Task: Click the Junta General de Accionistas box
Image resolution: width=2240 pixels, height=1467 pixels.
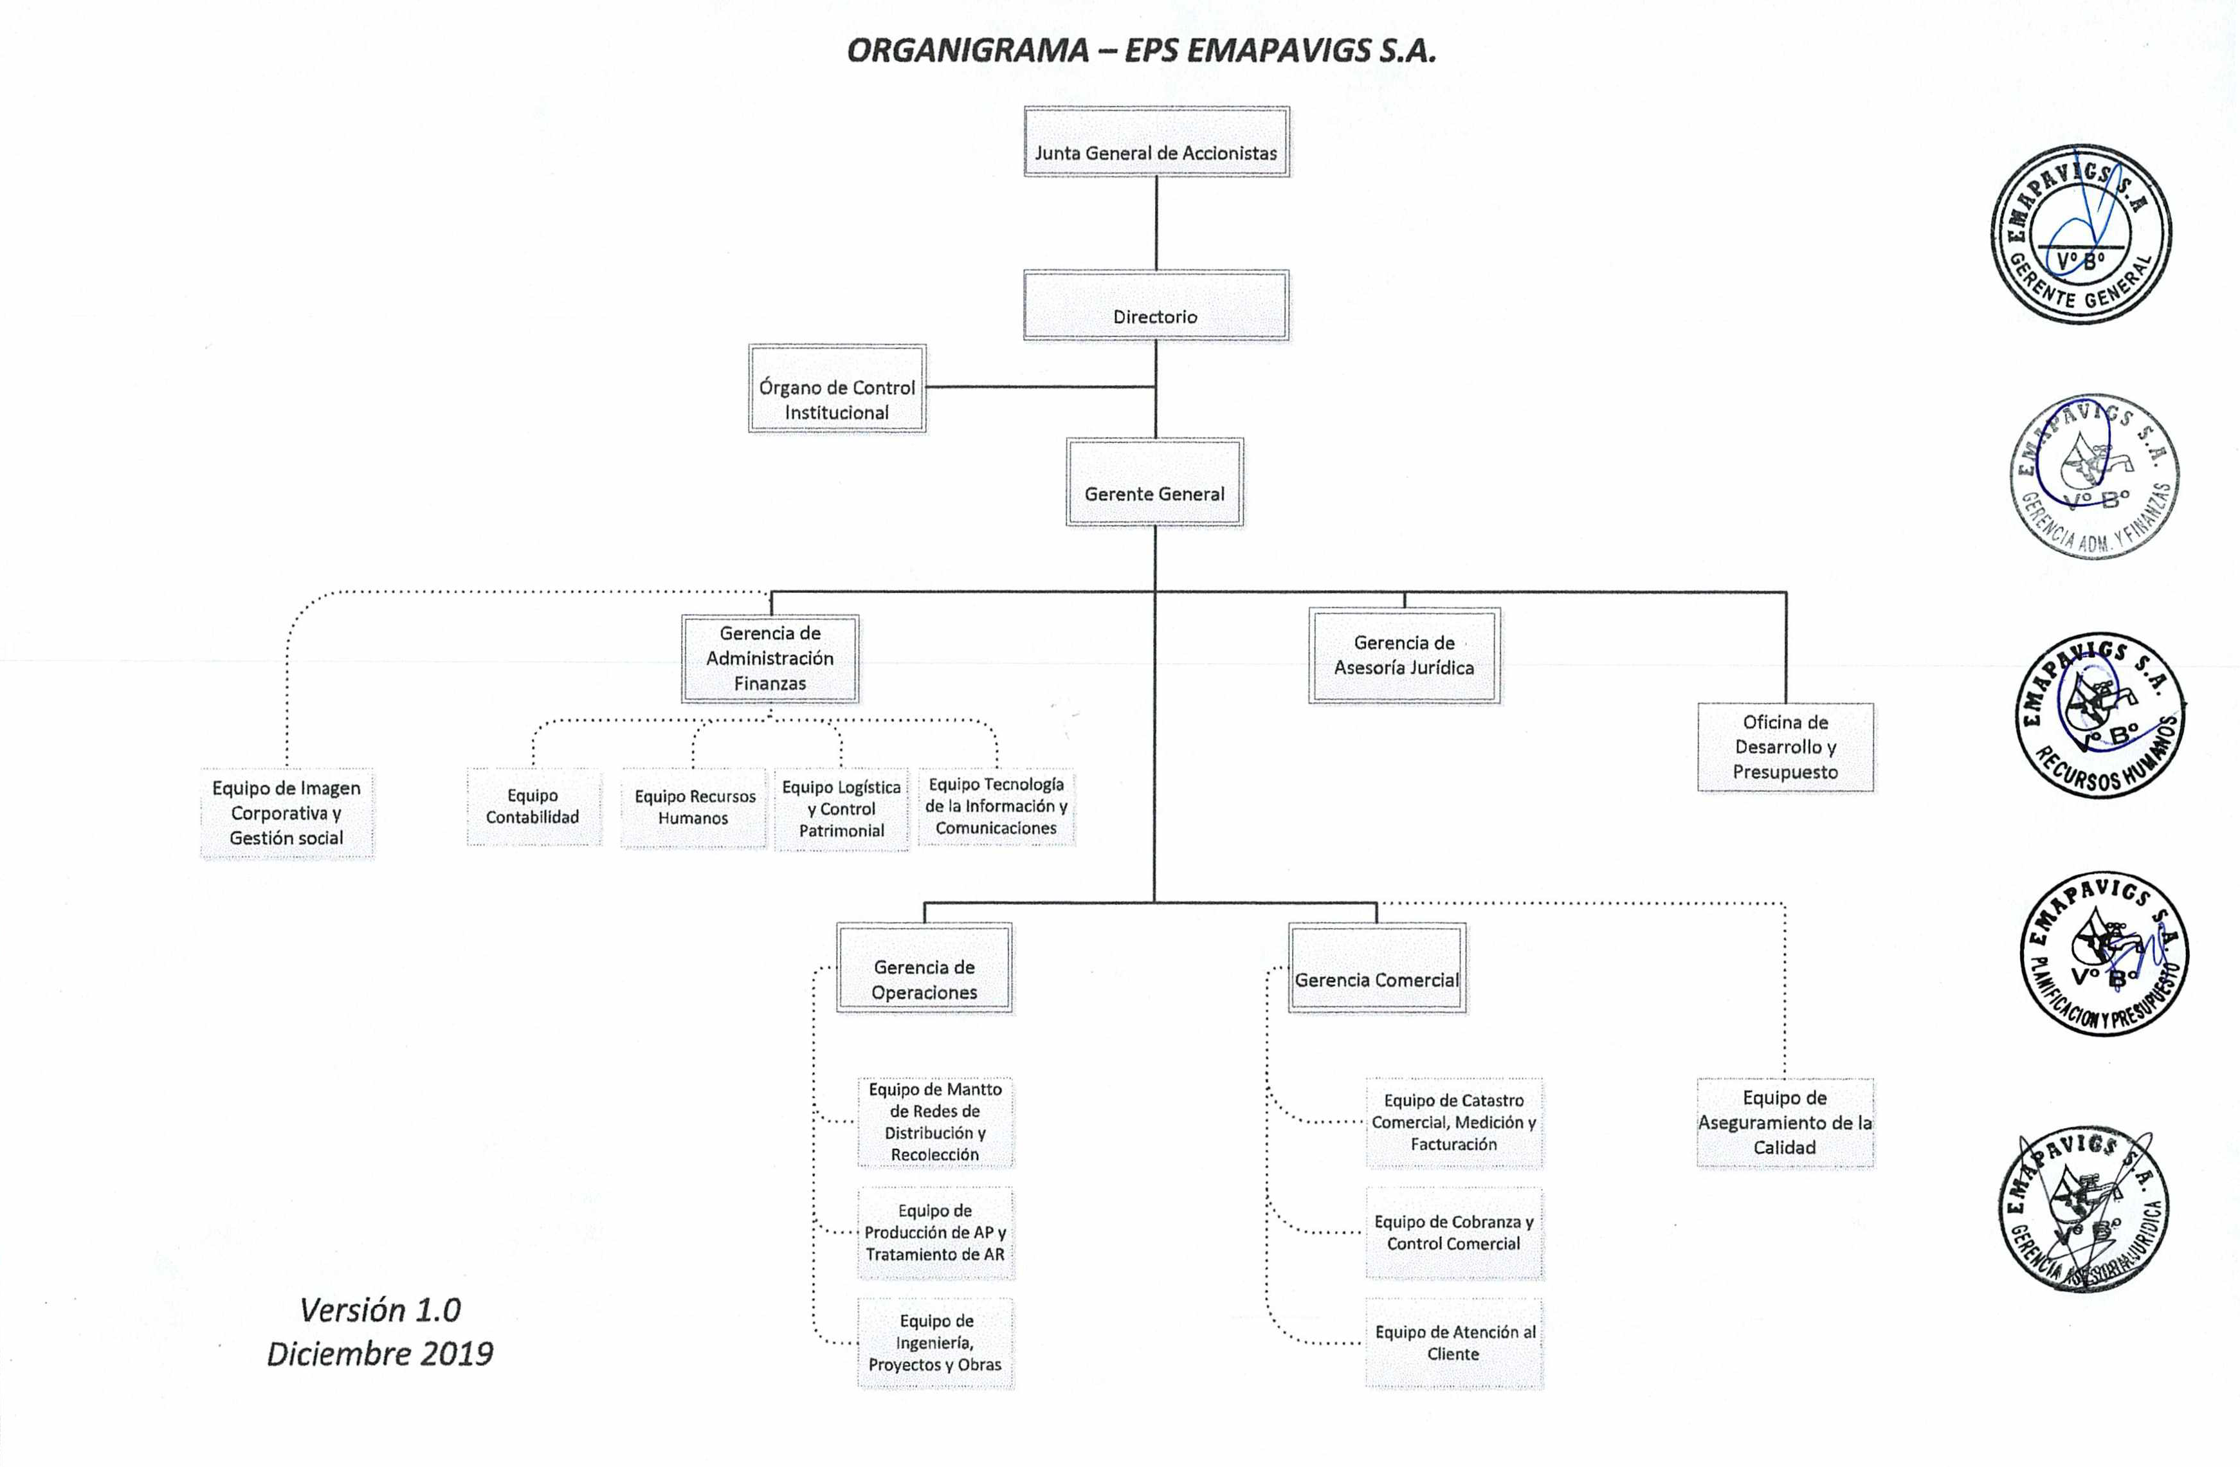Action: [x=1156, y=142]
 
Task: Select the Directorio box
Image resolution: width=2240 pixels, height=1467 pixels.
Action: [x=1156, y=306]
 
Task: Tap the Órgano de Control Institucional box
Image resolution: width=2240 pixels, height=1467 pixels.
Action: [x=837, y=388]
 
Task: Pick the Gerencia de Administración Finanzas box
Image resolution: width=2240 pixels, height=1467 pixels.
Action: [x=770, y=659]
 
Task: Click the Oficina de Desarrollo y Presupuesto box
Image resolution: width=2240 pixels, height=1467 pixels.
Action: [x=1785, y=747]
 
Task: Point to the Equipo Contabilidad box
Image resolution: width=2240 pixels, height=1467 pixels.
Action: [x=533, y=806]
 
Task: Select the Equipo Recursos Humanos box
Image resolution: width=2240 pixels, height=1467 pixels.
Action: [x=694, y=807]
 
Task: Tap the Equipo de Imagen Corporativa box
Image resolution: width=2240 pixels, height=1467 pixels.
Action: [x=286, y=813]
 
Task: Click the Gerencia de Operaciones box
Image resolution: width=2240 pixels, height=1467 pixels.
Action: [x=924, y=969]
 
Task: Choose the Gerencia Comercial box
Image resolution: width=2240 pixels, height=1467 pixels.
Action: [x=1376, y=969]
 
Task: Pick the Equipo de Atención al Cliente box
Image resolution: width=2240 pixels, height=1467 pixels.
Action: [x=1454, y=1343]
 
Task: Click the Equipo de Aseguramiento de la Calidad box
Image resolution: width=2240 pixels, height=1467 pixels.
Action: [x=1785, y=1122]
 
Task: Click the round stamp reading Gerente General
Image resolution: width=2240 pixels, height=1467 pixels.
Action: [x=2081, y=233]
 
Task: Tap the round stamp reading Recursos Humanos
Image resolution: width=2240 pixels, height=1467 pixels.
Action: [x=2100, y=716]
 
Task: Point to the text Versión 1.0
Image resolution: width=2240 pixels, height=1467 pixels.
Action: [x=380, y=1310]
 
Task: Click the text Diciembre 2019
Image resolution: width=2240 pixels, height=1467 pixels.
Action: [x=380, y=1353]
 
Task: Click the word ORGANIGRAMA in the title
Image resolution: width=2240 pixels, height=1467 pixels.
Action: [x=967, y=51]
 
